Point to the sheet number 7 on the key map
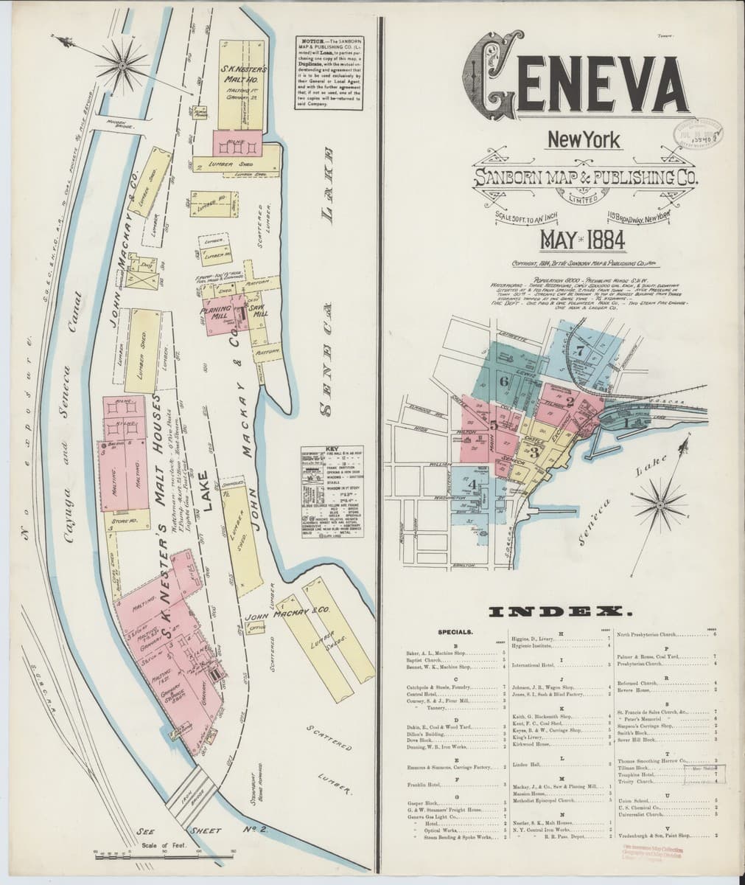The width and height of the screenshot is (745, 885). [x=580, y=351]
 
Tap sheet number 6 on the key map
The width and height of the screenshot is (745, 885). [x=503, y=381]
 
